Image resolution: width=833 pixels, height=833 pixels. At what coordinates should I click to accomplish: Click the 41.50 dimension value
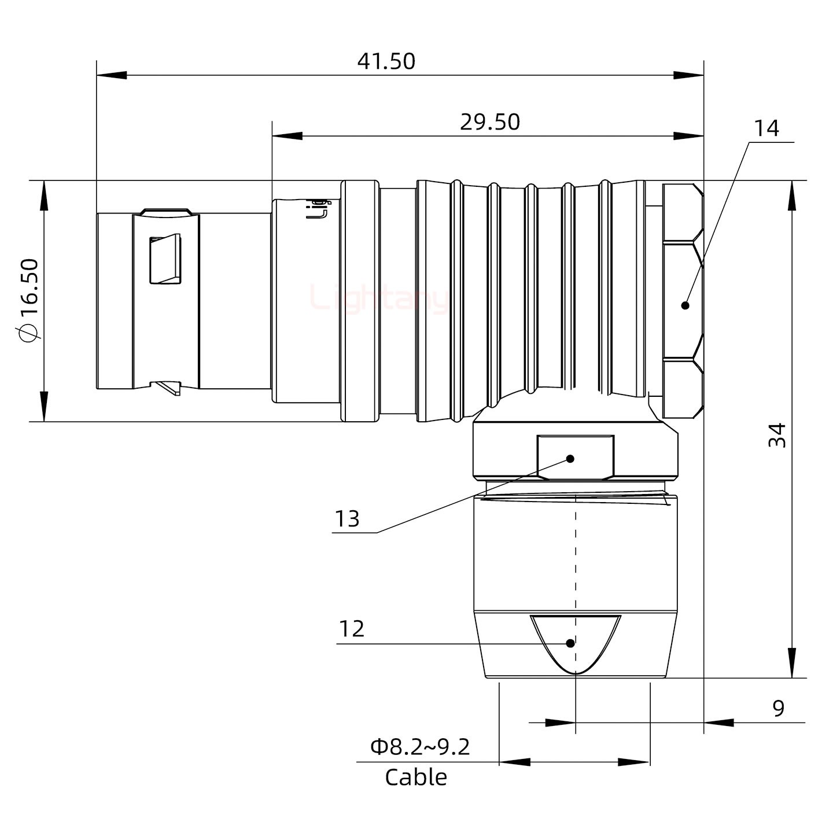click(386, 61)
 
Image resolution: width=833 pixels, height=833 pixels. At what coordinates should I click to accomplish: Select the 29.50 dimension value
click(490, 122)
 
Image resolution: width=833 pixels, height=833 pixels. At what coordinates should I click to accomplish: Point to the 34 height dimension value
click(778, 435)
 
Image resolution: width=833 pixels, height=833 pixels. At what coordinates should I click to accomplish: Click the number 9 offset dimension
click(779, 708)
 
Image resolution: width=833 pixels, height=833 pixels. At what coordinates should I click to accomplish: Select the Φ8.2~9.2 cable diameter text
click(420, 747)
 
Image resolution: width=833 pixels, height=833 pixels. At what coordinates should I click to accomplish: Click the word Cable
click(416, 777)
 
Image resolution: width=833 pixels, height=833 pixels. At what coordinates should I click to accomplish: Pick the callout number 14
click(766, 128)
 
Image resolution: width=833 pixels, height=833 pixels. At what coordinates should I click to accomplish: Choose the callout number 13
click(347, 519)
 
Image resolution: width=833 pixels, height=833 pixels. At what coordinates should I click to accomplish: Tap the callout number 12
click(351, 629)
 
